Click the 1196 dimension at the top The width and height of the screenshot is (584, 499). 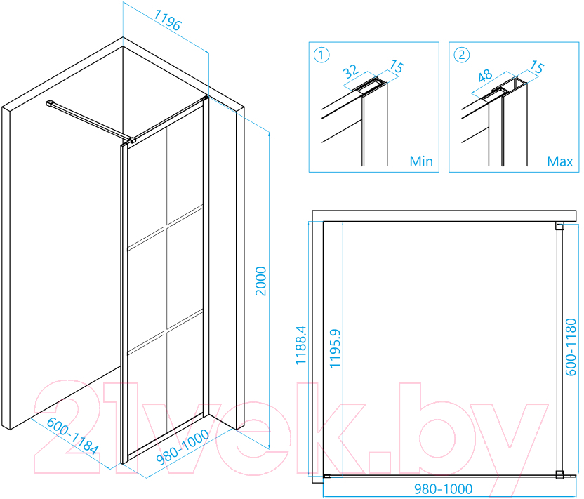pos(167,20)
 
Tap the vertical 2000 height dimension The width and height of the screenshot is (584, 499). pos(260,281)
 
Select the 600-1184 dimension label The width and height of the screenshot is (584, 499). pos(72,436)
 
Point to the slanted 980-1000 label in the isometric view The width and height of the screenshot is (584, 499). pos(182,447)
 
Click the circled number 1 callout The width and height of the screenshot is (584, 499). pos(321,55)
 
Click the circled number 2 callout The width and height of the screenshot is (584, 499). pos(461,55)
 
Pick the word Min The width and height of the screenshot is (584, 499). pos(421,161)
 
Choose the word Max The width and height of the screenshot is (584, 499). pos(560,161)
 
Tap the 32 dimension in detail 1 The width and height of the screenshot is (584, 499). pos(351,72)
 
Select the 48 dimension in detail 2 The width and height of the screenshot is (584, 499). pos(485,76)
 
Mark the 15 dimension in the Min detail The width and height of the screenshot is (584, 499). pos(397,67)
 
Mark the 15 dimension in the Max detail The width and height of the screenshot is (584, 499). pos(537,67)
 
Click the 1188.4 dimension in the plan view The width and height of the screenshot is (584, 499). pos(300,345)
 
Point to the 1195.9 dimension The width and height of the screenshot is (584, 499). pos(336,349)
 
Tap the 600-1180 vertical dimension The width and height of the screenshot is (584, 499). pos(571,347)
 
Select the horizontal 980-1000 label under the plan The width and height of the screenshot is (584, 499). pos(443,489)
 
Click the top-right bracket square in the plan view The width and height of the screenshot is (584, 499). pos(559,226)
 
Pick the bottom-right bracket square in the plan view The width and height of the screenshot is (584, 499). pos(559,475)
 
